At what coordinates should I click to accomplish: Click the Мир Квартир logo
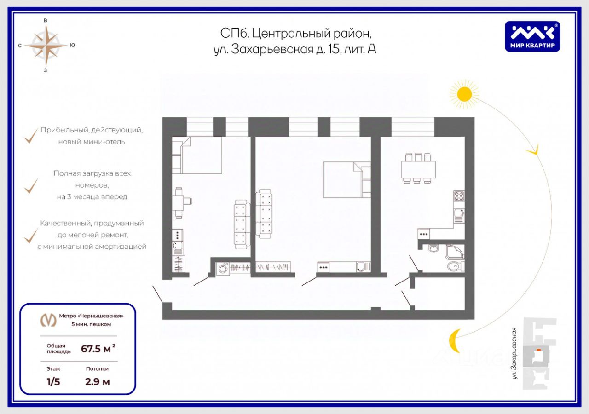pos(532,36)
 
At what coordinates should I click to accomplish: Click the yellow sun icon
pos(464,94)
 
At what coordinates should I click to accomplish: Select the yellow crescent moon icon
pos(454,341)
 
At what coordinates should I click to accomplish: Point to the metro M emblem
pos(48,320)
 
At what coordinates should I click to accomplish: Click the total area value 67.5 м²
pos(98,349)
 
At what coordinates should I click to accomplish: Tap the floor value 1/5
pos(53,381)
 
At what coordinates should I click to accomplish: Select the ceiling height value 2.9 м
pos(98,381)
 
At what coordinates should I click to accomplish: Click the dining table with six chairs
pos(418,168)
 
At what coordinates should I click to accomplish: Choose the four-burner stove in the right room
pos(459,196)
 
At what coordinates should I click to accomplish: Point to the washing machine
pos(223,269)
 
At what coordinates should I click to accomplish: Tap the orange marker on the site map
pos(538,350)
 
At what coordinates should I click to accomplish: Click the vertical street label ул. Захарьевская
pos(515,353)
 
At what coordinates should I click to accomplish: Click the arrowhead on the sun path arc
pos(534,150)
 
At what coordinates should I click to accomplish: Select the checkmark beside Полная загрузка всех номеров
pos(31,185)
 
